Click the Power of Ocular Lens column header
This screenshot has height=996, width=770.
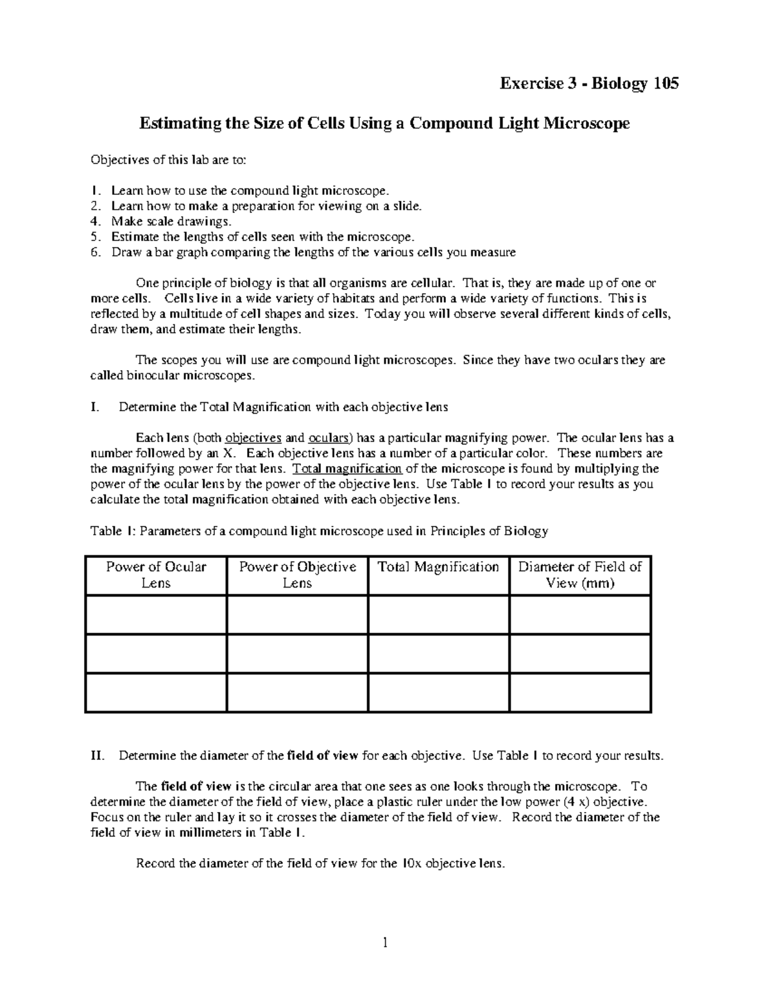tap(156, 575)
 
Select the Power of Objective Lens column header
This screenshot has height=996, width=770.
tap(297, 575)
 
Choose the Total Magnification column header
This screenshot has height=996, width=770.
tap(438, 567)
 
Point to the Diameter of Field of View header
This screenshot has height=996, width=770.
tap(580, 575)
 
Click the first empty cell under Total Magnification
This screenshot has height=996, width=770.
tap(439, 614)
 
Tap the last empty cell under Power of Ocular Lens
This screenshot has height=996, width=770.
tap(156, 692)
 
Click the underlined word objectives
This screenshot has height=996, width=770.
tap(253, 439)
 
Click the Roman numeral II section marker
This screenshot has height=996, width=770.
tap(97, 755)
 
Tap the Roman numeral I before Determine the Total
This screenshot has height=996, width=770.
tap(94, 407)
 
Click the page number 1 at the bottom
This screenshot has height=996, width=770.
tap(385, 943)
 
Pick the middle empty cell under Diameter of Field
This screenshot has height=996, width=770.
tap(580, 654)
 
